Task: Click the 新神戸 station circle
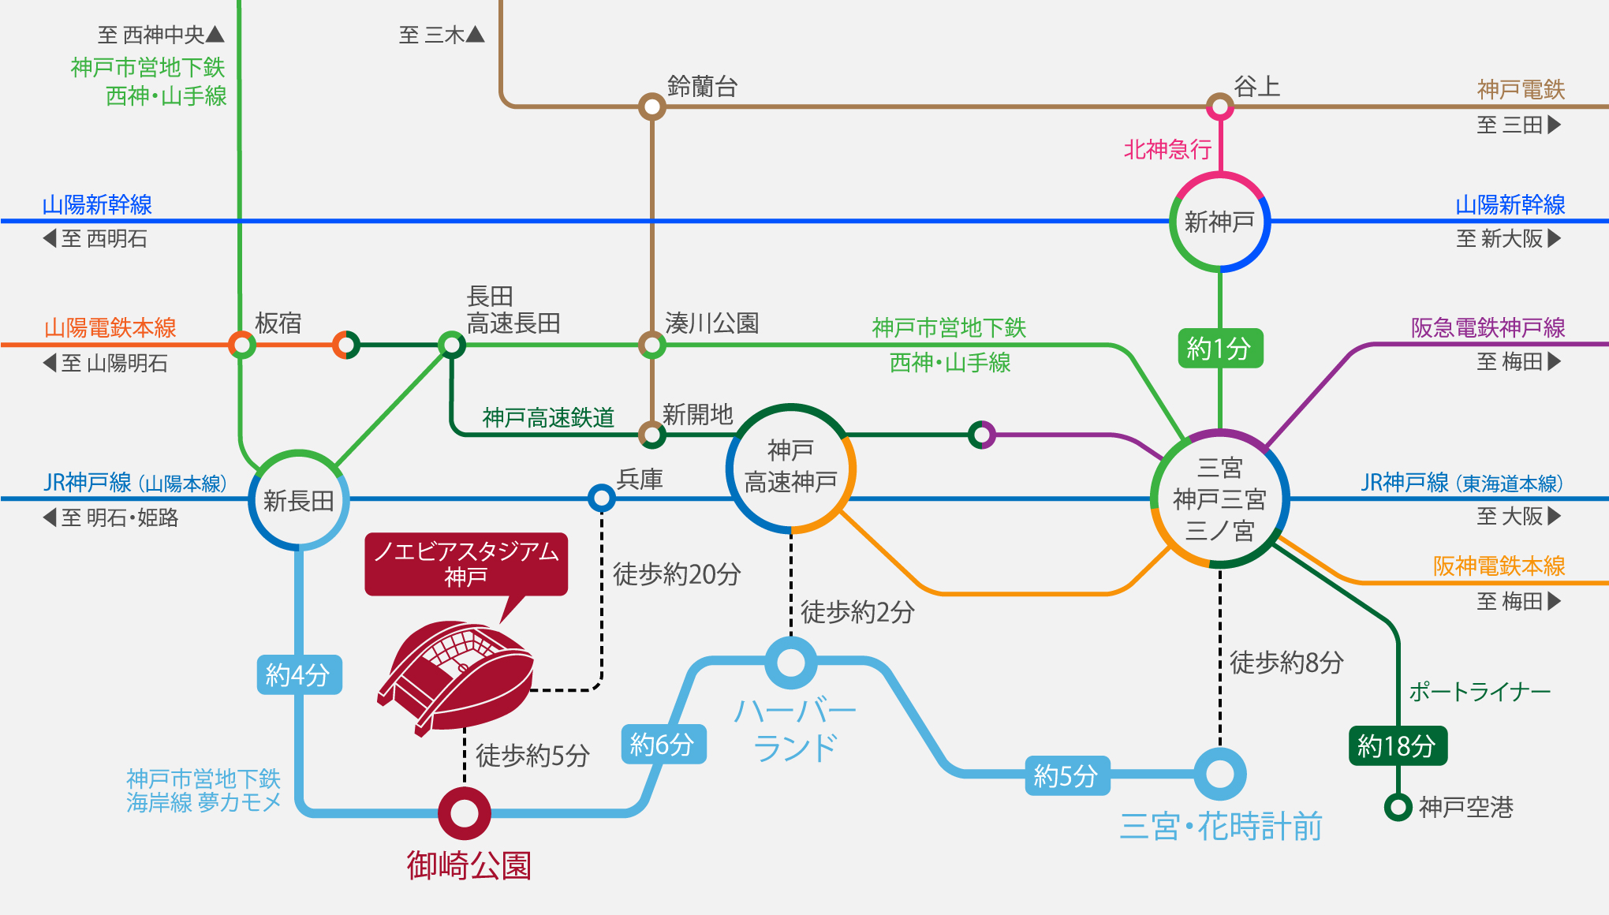1219,222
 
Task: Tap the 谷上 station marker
1219,106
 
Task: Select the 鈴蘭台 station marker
651,106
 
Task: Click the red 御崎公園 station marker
465,813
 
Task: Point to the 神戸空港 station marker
1398,807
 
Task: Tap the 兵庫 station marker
601,498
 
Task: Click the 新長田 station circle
299,500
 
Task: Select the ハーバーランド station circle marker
791,663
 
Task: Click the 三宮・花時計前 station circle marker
1219,774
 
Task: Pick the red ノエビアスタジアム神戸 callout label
466,563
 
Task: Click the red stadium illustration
457,674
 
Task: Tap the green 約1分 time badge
1219,348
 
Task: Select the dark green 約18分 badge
1397,745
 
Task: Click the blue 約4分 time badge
299,674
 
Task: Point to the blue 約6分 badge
663,744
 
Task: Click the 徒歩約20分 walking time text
677,574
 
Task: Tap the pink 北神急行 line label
1167,149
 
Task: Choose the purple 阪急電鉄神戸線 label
1488,327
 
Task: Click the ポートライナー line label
1480,692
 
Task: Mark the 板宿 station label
278,323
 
